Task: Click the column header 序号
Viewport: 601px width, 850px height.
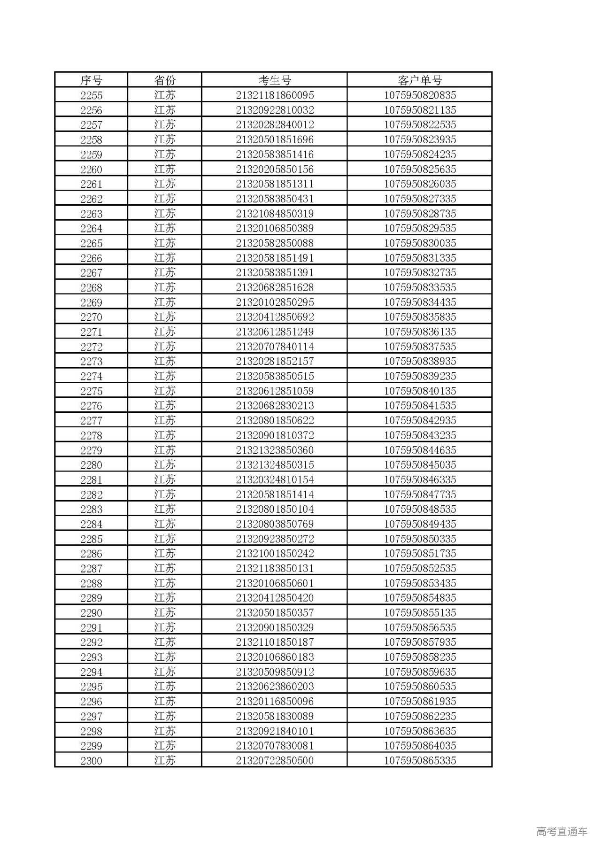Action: [x=91, y=80]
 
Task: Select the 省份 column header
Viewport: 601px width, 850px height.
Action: [x=165, y=80]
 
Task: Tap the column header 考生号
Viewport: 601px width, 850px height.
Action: [x=275, y=80]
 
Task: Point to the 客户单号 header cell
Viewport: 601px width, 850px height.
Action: [x=420, y=80]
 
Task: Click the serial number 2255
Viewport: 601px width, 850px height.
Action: [x=91, y=95]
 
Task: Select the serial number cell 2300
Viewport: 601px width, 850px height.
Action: [x=91, y=761]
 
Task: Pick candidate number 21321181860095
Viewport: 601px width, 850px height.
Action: [x=275, y=95]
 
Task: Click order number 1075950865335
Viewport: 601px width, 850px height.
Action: [x=420, y=761]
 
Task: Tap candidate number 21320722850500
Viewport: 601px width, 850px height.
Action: [x=275, y=761]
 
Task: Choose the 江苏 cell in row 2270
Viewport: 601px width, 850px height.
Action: [x=165, y=317]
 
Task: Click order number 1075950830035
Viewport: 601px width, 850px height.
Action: [x=420, y=243]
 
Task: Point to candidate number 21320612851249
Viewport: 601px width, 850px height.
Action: [x=275, y=332]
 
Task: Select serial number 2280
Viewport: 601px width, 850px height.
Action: [x=91, y=465]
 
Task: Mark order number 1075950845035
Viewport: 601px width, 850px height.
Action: [x=420, y=465]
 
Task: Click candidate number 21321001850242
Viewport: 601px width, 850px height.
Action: [x=275, y=554]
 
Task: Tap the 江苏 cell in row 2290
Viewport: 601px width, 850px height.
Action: [x=165, y=613]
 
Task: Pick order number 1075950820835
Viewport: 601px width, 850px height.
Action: [x=420, y=95]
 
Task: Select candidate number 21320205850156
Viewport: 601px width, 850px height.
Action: [x=275, y=169]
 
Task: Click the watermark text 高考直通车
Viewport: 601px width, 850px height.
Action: [x=562, y=832]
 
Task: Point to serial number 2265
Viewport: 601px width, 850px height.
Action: [x=91, y=243]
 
